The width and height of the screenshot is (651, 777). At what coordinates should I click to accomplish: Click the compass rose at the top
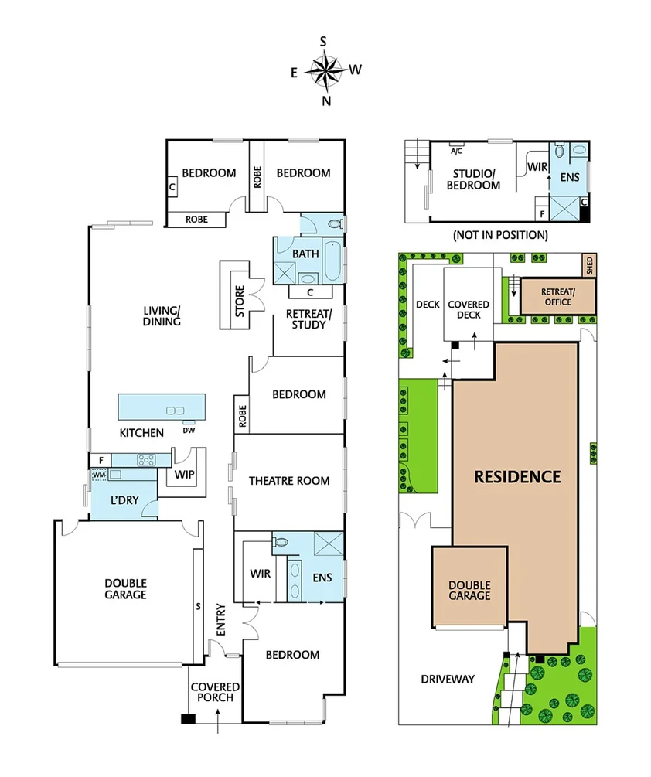325,70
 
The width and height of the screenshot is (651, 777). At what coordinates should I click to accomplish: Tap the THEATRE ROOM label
289,481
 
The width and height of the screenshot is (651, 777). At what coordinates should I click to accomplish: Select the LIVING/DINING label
162,316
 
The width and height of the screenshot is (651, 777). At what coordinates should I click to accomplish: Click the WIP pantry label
184,474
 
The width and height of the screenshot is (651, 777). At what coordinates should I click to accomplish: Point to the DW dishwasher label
189,431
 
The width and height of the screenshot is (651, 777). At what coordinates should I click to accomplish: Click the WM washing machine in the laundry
98,475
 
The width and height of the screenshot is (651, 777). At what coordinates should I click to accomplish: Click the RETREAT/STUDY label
308,319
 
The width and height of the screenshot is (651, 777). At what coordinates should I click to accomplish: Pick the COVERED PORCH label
215,692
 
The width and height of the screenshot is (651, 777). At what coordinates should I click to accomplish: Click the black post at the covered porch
186,719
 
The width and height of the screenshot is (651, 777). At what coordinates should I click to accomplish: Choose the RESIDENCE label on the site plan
517,476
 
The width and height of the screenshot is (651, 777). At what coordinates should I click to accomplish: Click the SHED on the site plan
589,265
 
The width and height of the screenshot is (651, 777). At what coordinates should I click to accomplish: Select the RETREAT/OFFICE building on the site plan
557,296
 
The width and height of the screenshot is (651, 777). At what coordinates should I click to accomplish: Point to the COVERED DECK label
469,310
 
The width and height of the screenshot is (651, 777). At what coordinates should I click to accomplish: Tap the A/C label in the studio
457,152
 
